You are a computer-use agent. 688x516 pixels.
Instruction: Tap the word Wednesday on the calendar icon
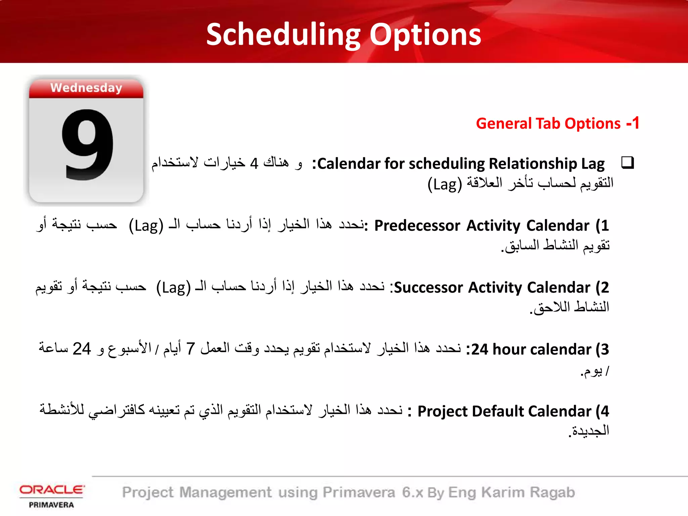(86, 88)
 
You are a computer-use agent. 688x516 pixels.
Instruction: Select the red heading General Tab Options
(548, 124)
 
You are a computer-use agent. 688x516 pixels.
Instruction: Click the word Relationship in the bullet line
(533, 164)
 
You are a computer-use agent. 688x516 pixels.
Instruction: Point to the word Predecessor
(417, 226)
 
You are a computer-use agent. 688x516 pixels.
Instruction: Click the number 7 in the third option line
(190, 349)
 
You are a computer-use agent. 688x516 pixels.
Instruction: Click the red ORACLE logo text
(52, 490)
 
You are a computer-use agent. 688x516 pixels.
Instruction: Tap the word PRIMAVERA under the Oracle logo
(51, 505)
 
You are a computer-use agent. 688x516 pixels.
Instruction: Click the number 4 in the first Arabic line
(254, 164)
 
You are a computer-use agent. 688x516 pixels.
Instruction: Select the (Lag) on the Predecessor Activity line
(146, 226)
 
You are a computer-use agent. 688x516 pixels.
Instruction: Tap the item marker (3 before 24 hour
(602, 350)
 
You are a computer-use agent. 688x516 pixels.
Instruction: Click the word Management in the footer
(225, 492)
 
